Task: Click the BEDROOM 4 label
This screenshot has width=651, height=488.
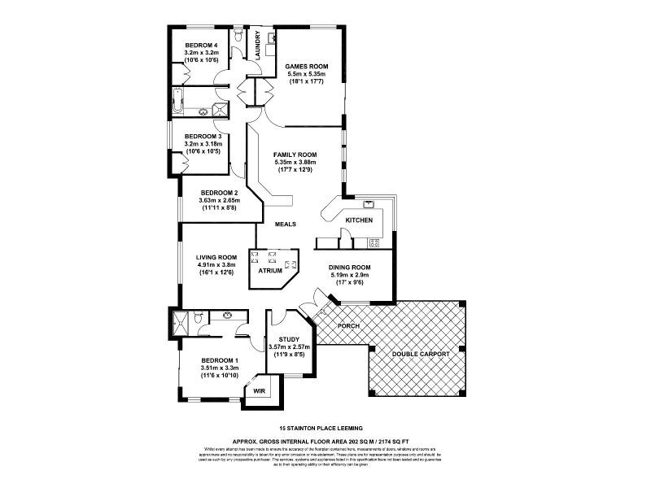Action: [x=201, y=45]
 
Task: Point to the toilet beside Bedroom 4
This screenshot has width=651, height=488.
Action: [x=236, y=37]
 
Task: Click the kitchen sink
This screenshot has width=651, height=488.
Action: [x=368, y=204]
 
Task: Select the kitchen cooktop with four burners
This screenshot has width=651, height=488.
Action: [x=374, y=242]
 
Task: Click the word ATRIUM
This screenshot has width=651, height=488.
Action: [x=270, y=271]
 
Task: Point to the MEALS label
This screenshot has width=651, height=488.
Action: [x=285, y=224]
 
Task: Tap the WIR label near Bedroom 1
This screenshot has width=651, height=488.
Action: [x=260, y=390]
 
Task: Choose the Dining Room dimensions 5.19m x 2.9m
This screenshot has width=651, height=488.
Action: [x=350, y=276]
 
